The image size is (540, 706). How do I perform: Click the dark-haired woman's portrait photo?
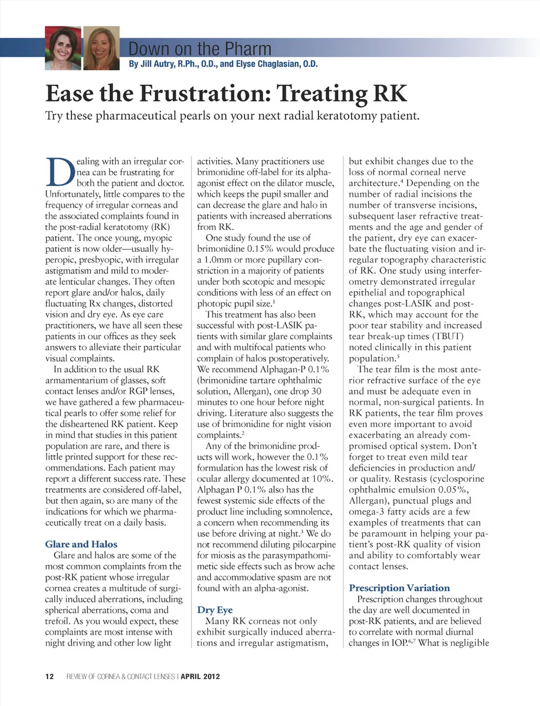(63, 48)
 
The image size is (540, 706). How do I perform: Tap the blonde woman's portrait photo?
(101, 48)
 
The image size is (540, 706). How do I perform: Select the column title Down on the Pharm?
(200, 49)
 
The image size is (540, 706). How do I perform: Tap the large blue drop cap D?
(60, 173)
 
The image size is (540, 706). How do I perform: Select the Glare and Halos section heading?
(81, 544)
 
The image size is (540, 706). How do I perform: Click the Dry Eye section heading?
(214, 610)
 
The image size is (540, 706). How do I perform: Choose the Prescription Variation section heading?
(399, 588)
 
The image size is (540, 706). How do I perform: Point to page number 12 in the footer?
(49, 676)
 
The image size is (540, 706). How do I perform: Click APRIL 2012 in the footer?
(200, 676)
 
